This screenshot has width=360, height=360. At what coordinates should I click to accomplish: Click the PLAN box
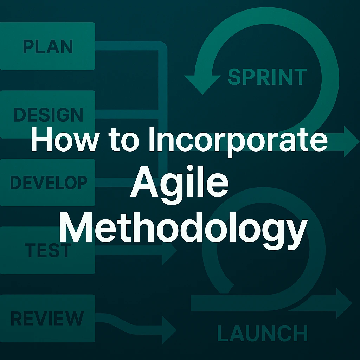[x=47, y=46]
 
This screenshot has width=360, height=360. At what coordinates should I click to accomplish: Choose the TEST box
[x=47, y=250]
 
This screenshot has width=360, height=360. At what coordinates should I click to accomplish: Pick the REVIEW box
[x=47, y=318]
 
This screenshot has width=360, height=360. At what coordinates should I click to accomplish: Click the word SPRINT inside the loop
[x=267, y=77]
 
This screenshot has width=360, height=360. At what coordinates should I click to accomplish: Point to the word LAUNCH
[x=262, y=333]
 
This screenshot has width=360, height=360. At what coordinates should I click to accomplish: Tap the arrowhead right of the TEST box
[x=169, y=250]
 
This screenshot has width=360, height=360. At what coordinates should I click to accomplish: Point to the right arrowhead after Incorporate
[x=351, y=141]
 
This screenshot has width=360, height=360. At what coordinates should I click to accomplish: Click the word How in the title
[x=64, y=141]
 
